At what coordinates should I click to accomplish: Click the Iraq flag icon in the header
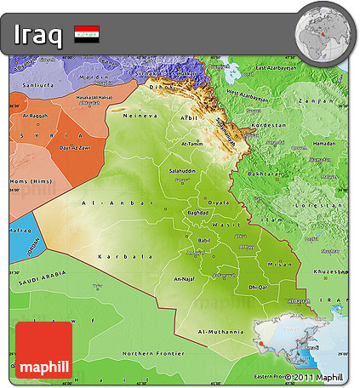pos(87,35)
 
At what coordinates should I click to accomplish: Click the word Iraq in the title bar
pos(38,36)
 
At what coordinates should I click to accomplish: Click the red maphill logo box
pos(43,350)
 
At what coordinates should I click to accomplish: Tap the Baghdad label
pos(197,211)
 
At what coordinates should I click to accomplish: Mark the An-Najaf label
pos(184,277)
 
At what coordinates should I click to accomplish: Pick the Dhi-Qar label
pos(257,288)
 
